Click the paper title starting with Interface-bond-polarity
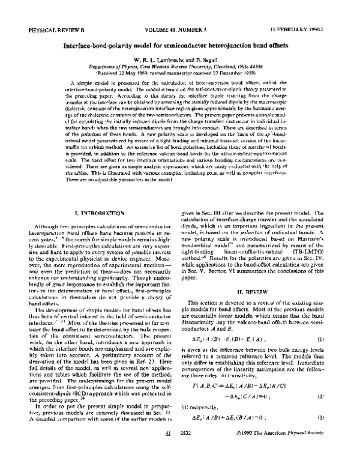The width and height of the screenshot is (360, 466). click(179, 45)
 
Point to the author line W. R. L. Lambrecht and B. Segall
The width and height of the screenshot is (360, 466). click(179, 61)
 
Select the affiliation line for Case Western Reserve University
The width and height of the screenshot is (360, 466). click(179, 68)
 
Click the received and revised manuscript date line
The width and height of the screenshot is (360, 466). click(179, 74)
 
